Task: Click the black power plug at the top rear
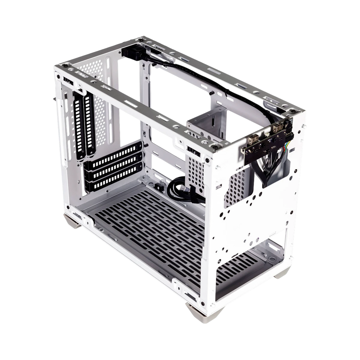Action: pos(131,54)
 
